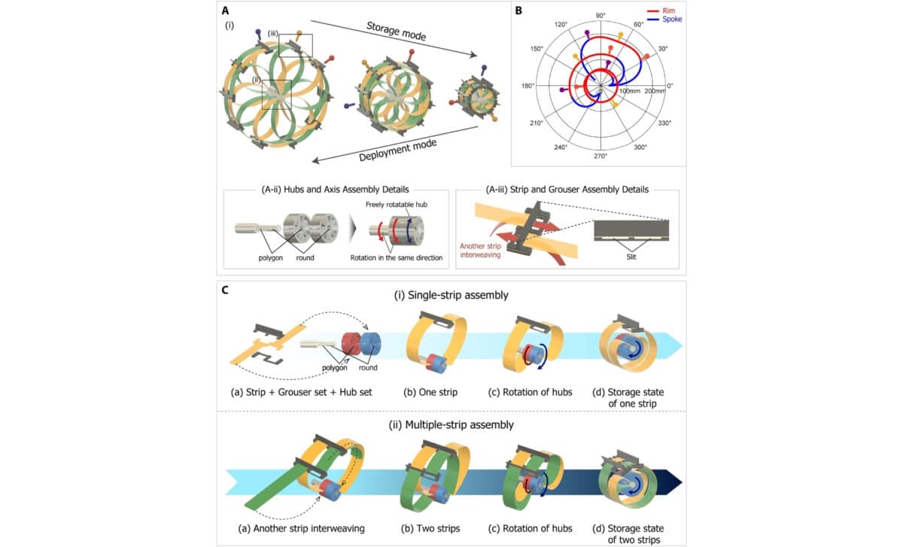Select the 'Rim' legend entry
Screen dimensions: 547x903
667,12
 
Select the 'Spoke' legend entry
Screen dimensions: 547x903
672,20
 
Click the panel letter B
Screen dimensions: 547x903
516,11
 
